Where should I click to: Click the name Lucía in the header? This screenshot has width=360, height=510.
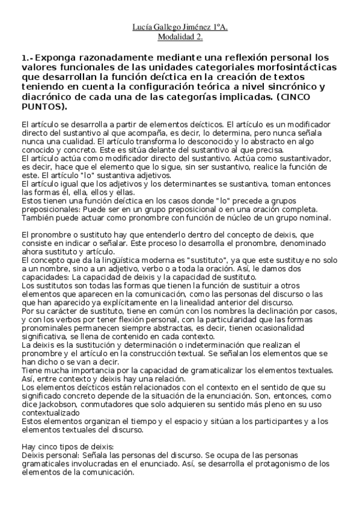[x=142, y=27]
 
